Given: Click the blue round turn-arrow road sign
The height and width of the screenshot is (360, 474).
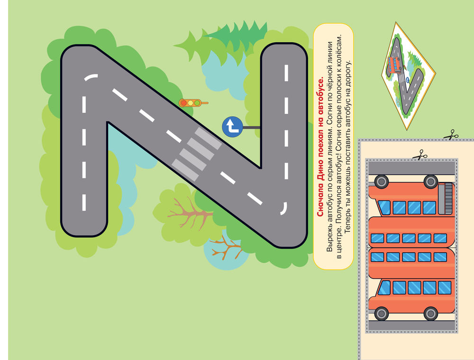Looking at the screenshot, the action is pos(232,127).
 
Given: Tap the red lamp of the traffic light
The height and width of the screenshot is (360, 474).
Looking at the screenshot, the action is pos(183,103).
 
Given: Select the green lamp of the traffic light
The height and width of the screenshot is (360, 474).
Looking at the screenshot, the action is pos(197,103).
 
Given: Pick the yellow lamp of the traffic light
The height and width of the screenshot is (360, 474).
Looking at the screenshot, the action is pos(190,103).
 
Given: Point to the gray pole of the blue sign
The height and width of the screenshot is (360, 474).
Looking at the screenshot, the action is pos(251,128).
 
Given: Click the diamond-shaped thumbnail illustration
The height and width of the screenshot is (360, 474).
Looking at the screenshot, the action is pos(408,75).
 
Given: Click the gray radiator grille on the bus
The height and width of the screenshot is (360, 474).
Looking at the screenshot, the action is pos(446,198).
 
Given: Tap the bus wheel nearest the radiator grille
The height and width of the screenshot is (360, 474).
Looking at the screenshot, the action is pos(430,182).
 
